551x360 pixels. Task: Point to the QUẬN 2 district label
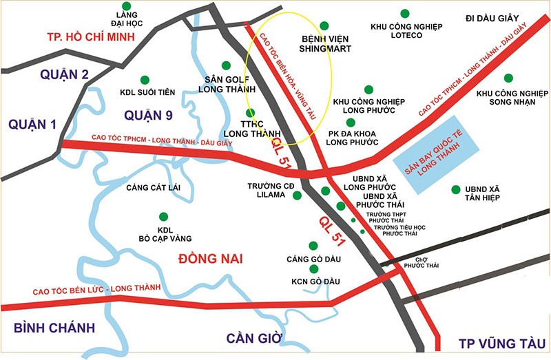(x=45, y=74)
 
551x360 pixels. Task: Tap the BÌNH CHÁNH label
(x=54, y=328)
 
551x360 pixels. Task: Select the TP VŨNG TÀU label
(x=502, y=343)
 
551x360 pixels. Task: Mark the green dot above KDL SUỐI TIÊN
(x=145, y=80)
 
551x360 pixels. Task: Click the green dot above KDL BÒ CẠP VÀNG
(x=163, y=216)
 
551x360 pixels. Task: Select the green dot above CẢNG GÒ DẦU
(x=313, y=245)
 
